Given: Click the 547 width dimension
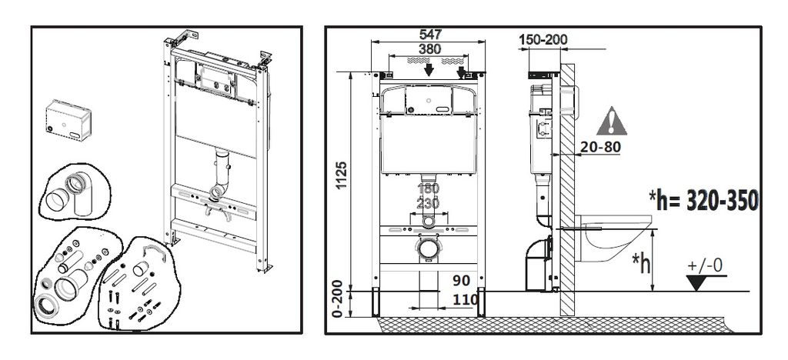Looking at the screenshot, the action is coord(430,35).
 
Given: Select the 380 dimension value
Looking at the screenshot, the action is coord(429,49).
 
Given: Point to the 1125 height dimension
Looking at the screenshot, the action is coord(342,175).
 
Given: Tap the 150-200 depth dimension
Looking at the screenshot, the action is coord(543,40).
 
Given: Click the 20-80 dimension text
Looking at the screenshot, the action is coord(600,147).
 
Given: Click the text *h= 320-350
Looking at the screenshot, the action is coord(703,201).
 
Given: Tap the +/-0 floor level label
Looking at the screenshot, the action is coord(705,265).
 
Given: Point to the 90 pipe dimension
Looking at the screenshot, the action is coord(462,280).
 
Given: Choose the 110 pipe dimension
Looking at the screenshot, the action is coord(466,300).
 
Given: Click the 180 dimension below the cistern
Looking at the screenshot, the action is coord(429,188).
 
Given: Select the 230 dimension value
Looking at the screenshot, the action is coord(429,203).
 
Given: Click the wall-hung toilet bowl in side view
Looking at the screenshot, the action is coord(613,238).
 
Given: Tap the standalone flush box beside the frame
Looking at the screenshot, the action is coord(68,120).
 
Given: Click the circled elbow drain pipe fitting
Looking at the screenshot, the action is coord(75,192).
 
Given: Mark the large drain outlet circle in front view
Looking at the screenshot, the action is coord(428,248).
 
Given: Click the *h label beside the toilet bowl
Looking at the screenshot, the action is coord(641,262).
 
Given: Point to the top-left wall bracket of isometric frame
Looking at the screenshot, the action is coord(183,38).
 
